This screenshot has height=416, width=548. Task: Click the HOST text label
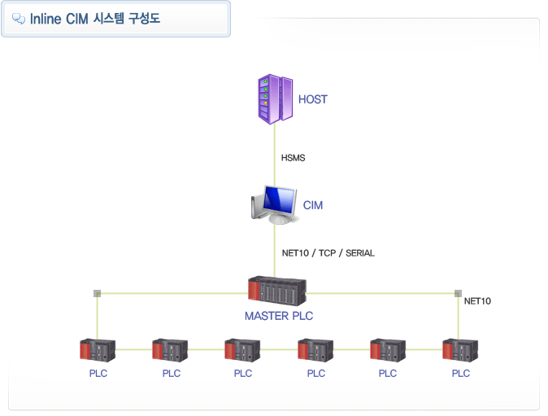coord(313,99)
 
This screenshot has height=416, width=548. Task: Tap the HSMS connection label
coord(293,158)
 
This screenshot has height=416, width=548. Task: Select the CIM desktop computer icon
coord(272,205)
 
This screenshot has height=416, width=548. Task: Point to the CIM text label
coord(313,205)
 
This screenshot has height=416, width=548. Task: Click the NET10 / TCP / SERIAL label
coord(328,253)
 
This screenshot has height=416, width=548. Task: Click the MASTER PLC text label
coord(279,316)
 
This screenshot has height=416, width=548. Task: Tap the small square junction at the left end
coord(97,293)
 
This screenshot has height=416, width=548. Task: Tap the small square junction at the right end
coord(458,293)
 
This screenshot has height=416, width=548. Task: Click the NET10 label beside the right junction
coord(477,301)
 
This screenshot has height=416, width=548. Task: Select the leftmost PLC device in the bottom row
coord(98,350)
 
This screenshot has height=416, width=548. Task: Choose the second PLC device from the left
coord(170,350)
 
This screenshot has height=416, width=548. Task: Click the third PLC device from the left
coord(242,350)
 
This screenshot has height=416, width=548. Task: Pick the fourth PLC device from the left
coord(315,350)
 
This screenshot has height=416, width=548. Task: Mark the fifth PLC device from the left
coord(388,350)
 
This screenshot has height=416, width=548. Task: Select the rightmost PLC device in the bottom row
coord(460,350)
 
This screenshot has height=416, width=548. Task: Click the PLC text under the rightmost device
coord(461,374)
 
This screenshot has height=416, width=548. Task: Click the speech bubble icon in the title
coord(19,19)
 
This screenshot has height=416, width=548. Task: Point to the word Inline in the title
coord(47,19)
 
